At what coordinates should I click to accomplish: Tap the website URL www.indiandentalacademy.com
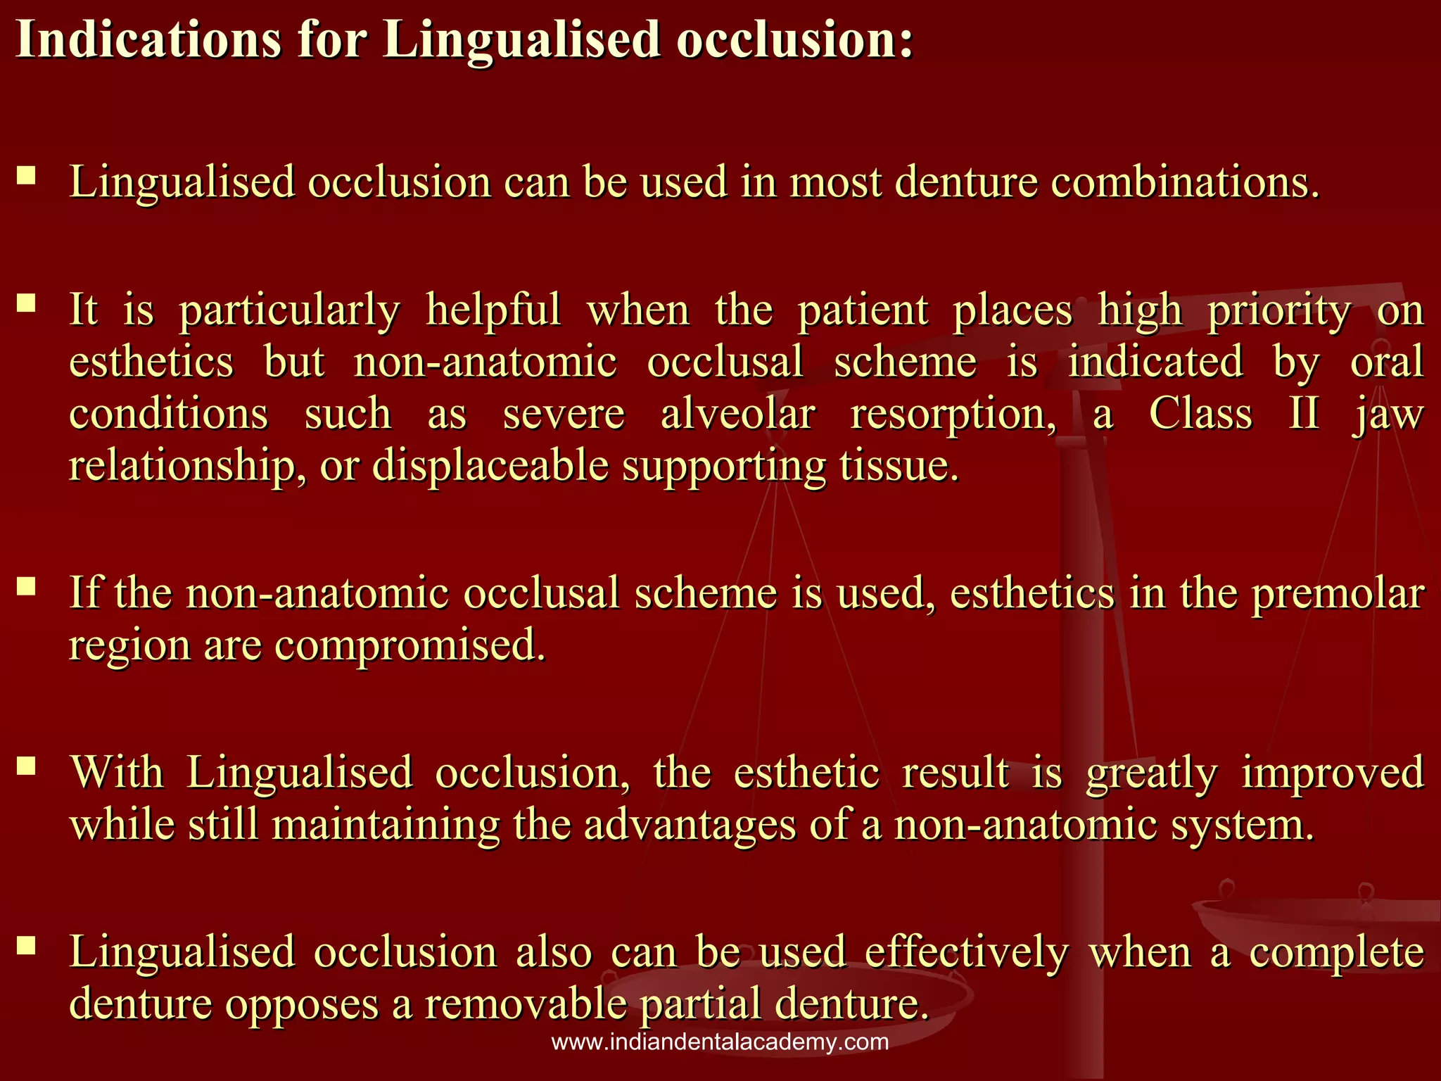(720, 1042)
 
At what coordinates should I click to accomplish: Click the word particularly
(289, 310)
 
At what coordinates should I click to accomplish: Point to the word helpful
(493, 309)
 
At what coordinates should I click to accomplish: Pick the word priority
(1279, 310)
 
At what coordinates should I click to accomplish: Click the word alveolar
(737, 413)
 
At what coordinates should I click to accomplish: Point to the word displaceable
(490, 465)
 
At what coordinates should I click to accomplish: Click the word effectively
(966, 952)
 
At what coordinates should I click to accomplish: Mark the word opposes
(302, 1005)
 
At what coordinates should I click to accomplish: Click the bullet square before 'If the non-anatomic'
(27, 586)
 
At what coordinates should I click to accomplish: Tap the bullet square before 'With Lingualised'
(27, 766)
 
